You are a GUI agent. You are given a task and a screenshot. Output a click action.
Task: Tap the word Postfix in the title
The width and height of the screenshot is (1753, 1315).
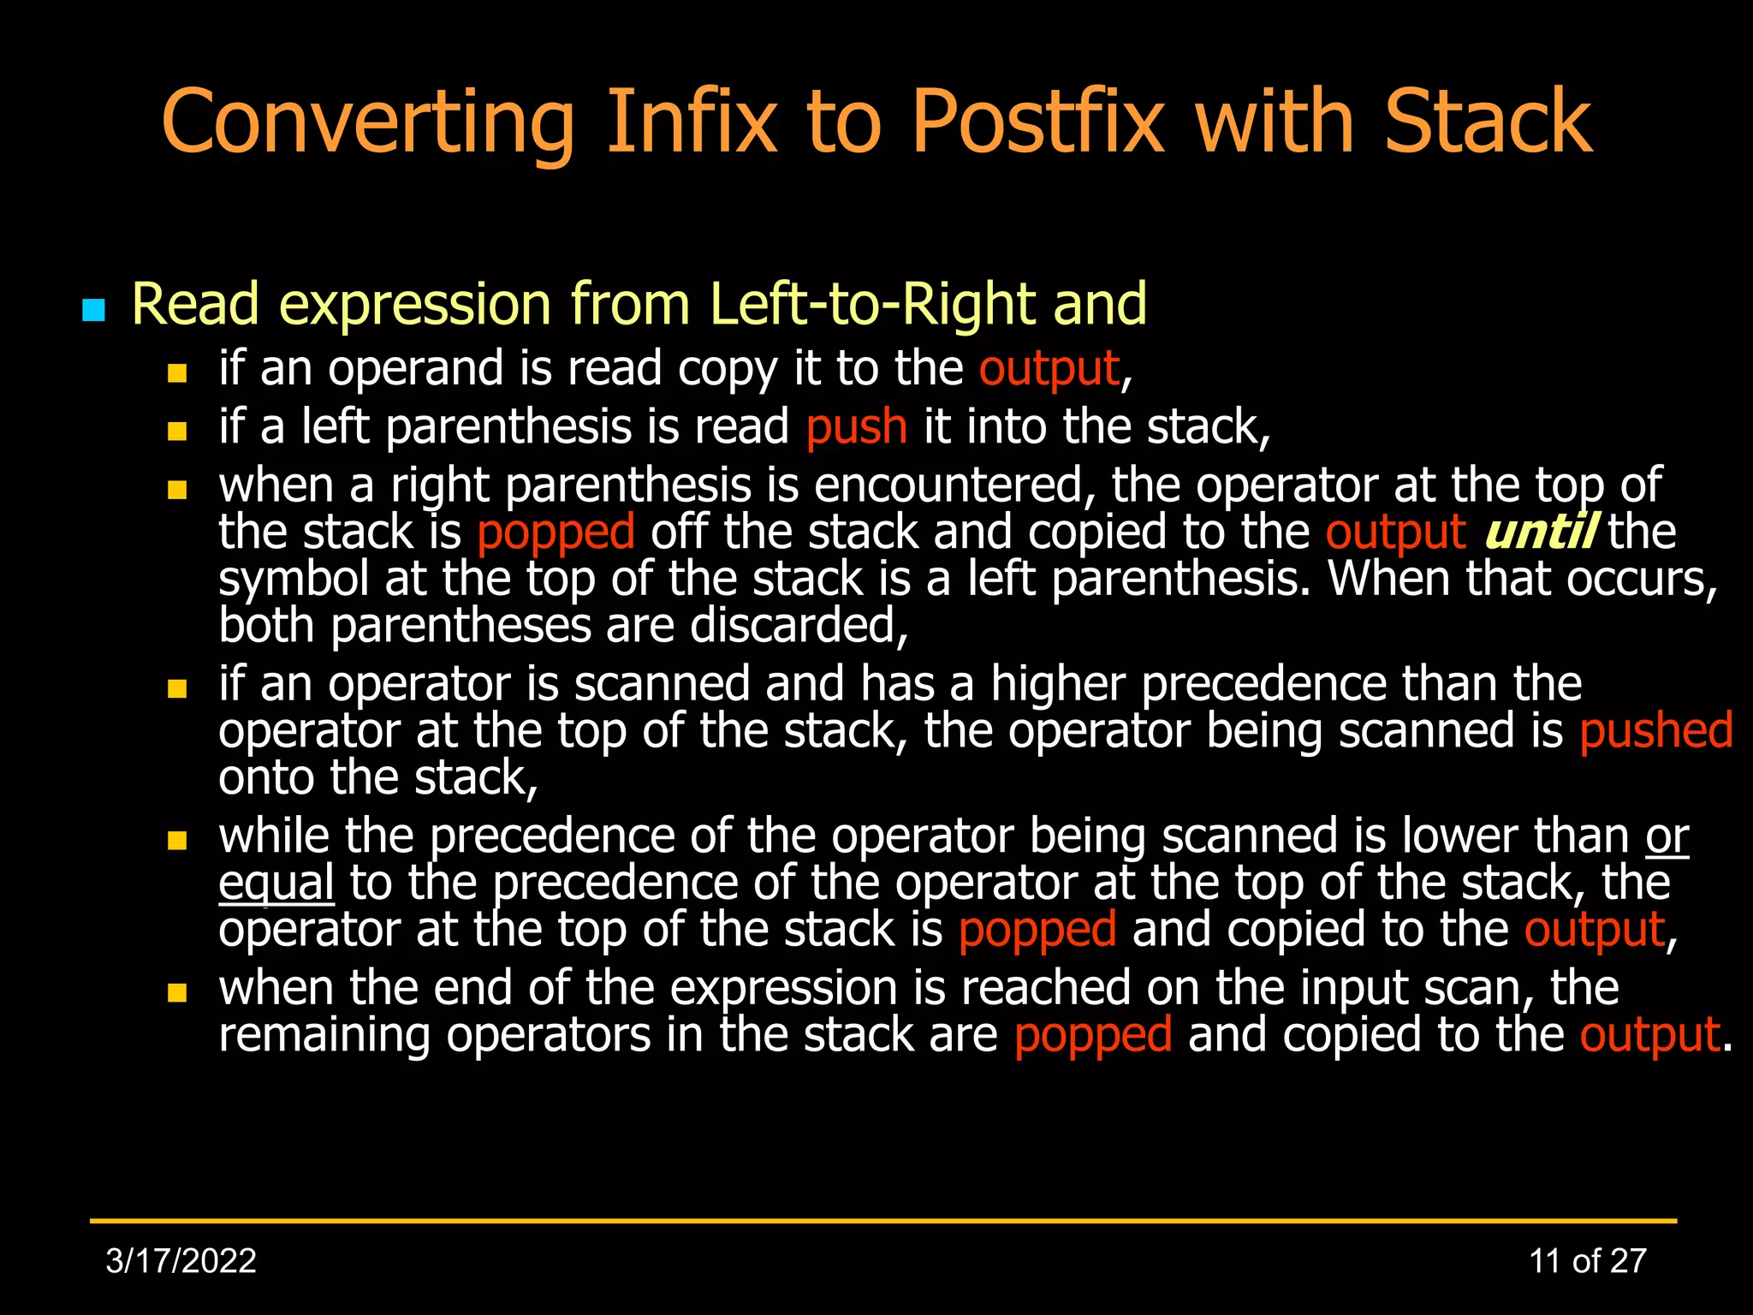1037,122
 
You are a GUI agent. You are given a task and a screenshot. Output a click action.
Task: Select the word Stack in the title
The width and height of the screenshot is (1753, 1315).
1488,122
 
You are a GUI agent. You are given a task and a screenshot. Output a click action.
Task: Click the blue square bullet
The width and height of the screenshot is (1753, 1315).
93,310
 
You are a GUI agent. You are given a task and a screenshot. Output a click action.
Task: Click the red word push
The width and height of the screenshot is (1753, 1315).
856,427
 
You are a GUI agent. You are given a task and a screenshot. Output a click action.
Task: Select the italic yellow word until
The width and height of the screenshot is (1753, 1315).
1538,533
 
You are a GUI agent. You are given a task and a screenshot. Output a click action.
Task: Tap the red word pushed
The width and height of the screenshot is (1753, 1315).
1655,731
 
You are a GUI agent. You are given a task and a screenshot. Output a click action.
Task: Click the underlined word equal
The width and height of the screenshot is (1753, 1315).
276,884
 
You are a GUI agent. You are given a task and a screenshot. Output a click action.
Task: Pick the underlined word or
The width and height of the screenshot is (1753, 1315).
1666,836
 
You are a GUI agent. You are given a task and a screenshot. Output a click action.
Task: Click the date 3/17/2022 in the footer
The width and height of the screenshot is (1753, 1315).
181,1261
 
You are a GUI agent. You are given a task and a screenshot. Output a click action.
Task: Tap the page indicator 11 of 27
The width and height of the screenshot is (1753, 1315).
1587,1261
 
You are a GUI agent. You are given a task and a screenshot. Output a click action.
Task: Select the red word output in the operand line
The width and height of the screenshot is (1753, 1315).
1049,369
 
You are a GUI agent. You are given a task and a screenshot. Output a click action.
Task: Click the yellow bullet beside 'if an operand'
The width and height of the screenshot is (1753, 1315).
177,372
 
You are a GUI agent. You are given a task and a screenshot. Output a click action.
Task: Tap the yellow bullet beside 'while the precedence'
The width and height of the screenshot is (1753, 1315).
177,840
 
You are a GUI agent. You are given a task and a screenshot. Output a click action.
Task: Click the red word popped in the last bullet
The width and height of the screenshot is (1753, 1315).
1092,1035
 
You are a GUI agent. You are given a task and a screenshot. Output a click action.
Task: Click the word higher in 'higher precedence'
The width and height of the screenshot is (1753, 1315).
1057,684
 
